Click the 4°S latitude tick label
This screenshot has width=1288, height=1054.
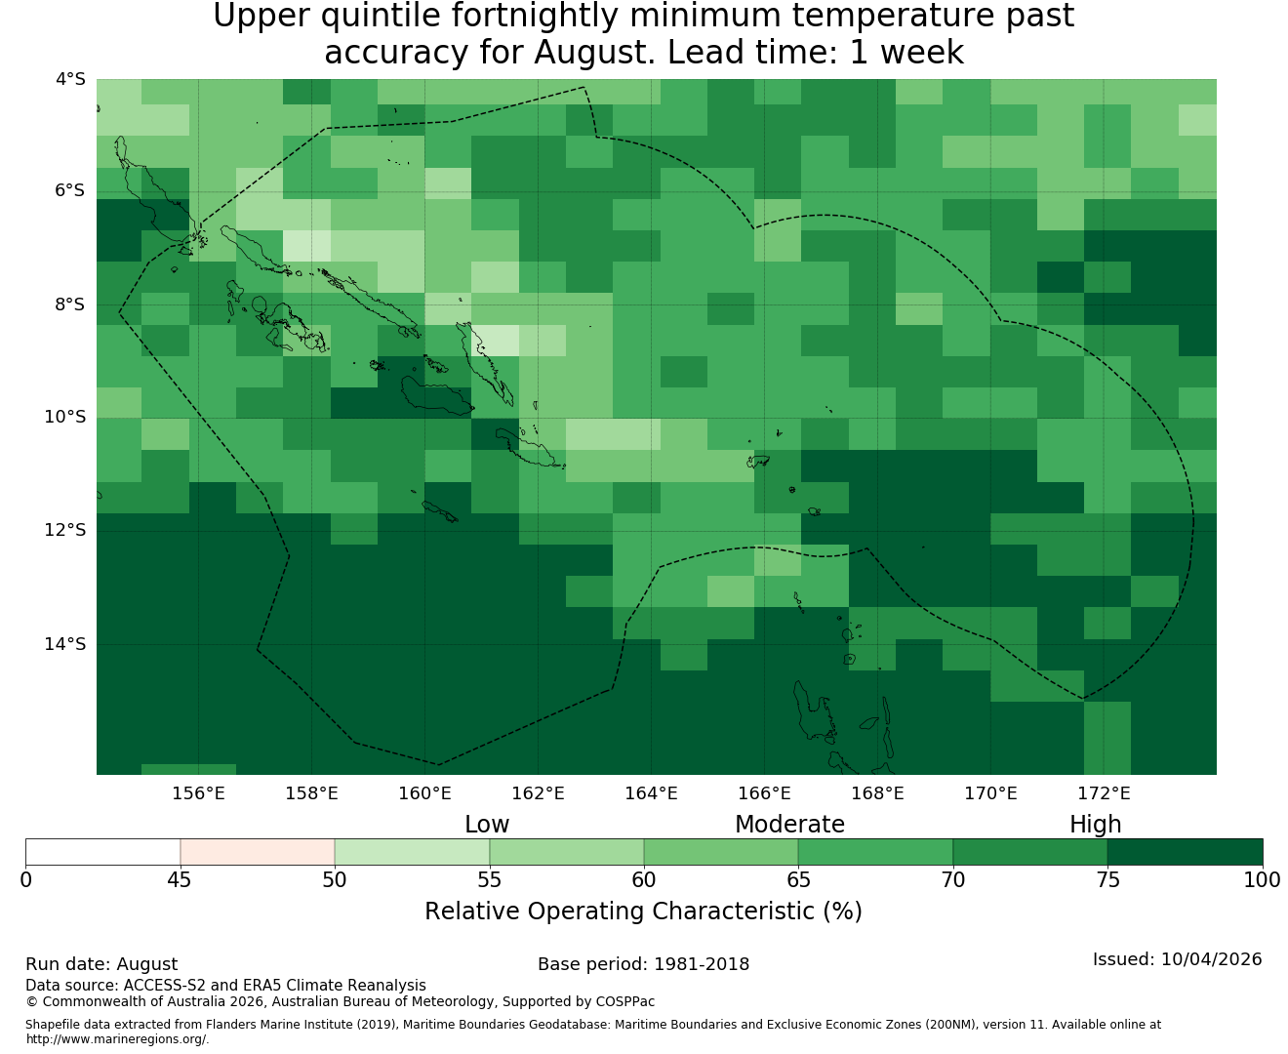(x=70, y=79)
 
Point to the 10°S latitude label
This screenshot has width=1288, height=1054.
(x=64, y=418)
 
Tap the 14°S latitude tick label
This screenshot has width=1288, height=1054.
(x=64, y=644)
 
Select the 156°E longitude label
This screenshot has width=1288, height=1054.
(x=198, y=793)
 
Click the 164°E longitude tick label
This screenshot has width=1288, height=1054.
(x=651, y=793)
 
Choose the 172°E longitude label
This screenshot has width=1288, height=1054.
(x=1104, y=793)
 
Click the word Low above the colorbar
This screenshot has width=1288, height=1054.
(x=487, y=825)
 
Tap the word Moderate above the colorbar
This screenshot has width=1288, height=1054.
(x=789, y=825)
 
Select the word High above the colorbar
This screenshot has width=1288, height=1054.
(x=1095, y=825)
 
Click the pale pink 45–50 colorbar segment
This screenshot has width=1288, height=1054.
(x=257, y=852)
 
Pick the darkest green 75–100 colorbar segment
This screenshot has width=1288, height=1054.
(x=1185, y=852)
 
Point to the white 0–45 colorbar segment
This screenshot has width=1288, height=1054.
(x=103, y=852)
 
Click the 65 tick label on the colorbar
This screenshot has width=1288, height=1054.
(x=798, y=880)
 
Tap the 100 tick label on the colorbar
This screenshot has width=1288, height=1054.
(x=1263, y=880)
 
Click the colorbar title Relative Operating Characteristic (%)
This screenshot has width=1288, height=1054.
(x=643, y=911)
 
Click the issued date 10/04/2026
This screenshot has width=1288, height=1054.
(x=1211, y=959)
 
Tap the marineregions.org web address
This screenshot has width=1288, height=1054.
(x=117, y=1038)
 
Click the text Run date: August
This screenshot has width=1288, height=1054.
(x=101, y=964)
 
